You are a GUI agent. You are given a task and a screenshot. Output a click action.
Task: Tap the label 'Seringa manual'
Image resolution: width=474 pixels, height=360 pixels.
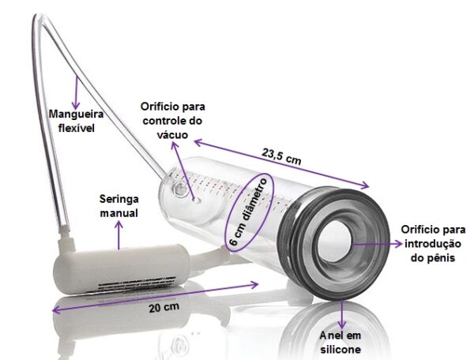[x=119, y=205]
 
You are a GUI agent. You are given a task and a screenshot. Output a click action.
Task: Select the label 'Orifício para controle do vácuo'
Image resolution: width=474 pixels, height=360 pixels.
[x=171, y=120]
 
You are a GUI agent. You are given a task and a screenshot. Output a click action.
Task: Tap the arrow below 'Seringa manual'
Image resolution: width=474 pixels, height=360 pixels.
[x=119, y=234]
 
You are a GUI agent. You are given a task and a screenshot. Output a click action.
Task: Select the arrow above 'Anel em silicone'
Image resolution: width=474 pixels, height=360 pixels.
[x=340, y=316]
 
